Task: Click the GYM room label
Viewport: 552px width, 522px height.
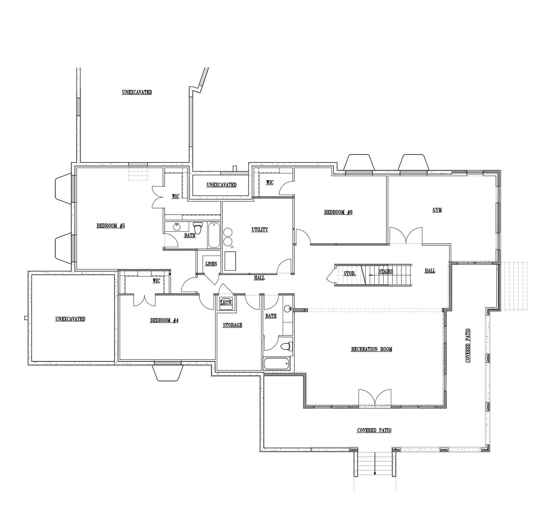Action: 437,210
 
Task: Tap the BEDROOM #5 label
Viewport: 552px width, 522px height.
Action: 111,226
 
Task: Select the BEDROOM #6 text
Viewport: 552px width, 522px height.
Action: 338,212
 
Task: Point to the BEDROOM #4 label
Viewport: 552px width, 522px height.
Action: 164,321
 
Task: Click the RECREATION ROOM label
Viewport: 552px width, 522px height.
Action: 371,349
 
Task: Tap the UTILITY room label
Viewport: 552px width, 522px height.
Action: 260,230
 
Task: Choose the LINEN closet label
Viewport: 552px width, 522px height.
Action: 211,264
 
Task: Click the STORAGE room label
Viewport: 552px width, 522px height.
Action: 232,325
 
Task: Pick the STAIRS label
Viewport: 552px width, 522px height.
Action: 385,272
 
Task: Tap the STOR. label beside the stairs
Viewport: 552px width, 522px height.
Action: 350,274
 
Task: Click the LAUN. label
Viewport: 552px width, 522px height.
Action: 226,303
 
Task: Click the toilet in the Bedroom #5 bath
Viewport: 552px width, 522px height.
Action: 198,228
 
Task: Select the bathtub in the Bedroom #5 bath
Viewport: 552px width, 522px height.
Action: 214,236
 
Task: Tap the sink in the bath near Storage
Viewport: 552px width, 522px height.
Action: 288,309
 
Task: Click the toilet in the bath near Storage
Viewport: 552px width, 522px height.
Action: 286,346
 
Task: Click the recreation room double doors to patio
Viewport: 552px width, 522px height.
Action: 375,398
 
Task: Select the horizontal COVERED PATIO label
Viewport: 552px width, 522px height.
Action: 374,430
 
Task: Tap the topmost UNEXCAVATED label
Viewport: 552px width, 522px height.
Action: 137,92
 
